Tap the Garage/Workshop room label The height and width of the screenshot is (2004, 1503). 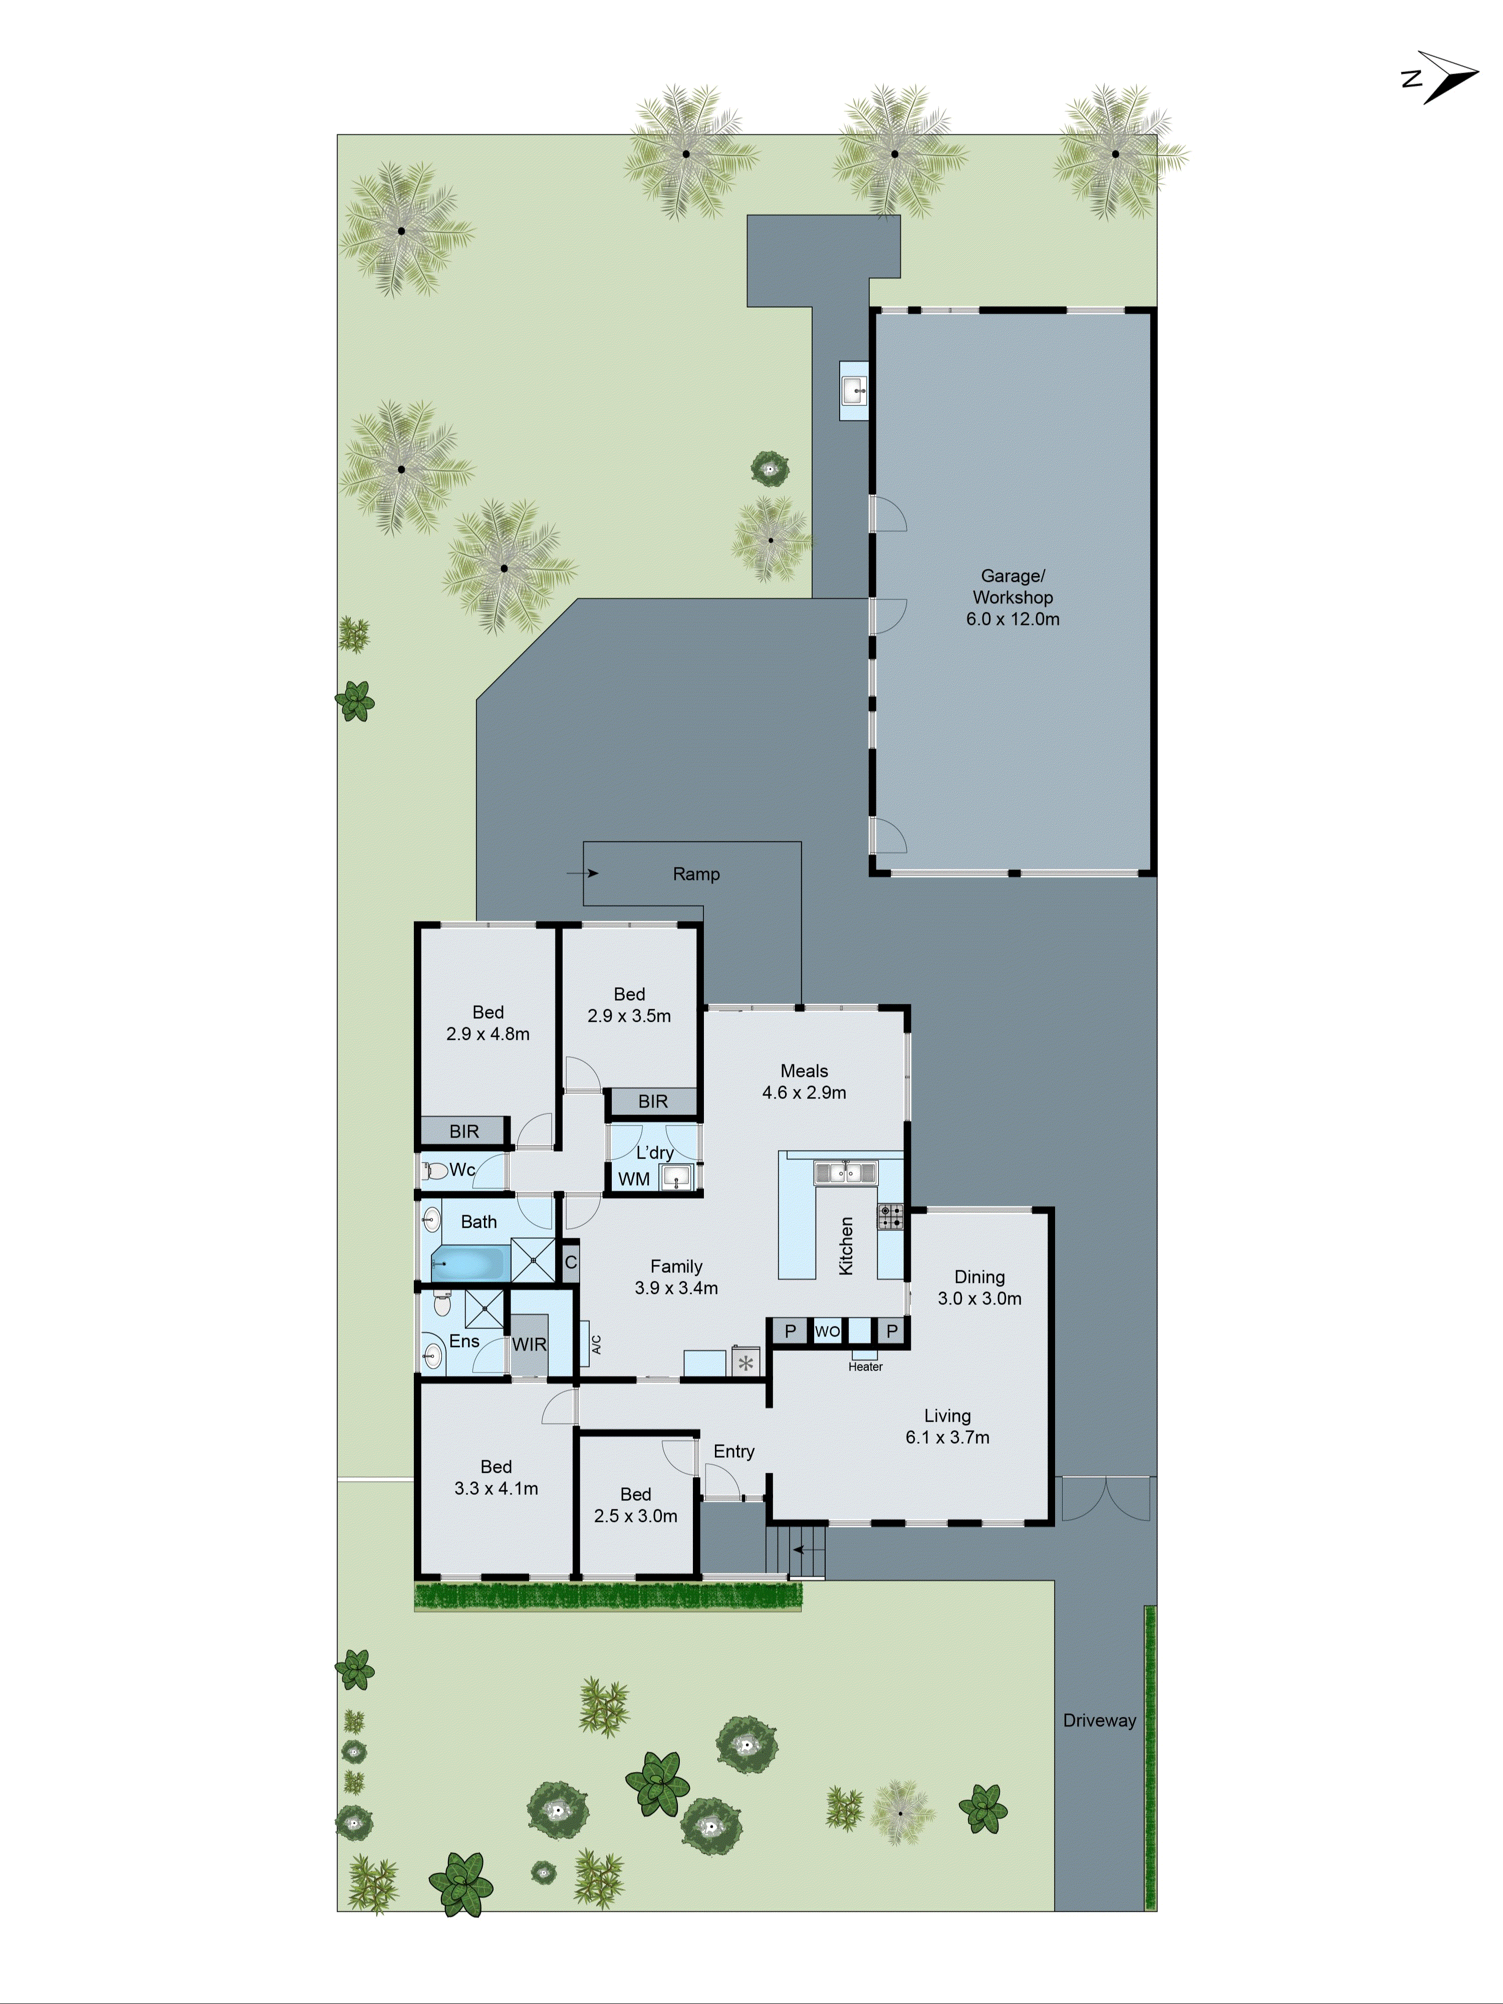pyautogui.click(x=1012, y=597)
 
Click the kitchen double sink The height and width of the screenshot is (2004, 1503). pyautogui.click(x=844, y=1172)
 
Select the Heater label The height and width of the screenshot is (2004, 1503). pyautogui.click(x=865, y=1366)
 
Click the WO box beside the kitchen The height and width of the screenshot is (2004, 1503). pyautogui.click(x=827, y=1331)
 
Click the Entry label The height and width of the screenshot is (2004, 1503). pyautogui.click(x=734, y=1451)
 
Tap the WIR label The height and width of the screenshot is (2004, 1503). pyautogui.click(x=529, y=1345)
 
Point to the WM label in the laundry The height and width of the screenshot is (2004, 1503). pyautogui.click(x=634, y=1179)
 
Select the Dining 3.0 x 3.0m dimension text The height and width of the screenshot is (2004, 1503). pyautogui.click(x=979, y=1298)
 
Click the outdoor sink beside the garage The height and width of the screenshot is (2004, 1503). pyautogui.click(x=853, y=390)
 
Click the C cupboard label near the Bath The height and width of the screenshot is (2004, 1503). pyautogui.click(x=571, y=1262)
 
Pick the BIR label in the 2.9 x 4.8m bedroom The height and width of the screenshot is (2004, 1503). pyautogui.click(x=464, y=1131)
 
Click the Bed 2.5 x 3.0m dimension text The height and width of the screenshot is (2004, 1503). pyautogui.click(x=635, y=1516)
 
